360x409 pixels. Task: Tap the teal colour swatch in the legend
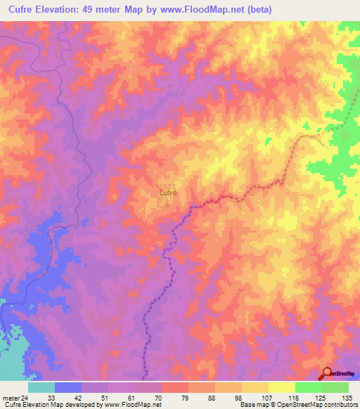[41, 387]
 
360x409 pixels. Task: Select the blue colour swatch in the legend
[68, 387]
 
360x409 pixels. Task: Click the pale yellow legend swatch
[281, 387]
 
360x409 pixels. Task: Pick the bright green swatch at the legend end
[335, 387]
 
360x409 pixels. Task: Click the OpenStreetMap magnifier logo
[327, 373]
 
